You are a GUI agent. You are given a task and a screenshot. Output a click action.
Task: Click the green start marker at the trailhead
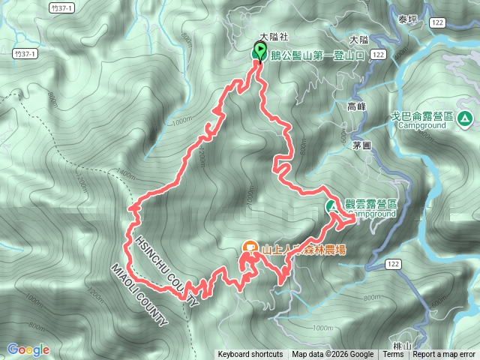(x=259, y=52)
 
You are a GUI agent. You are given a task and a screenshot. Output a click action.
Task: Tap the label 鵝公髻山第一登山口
(x=318, y=55)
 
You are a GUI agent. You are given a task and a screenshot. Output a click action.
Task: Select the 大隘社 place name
(x=273, y=36)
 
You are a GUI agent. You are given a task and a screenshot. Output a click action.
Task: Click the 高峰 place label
(x=357, y=106)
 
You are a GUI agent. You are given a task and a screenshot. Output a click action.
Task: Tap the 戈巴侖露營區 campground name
(x=424, y=118)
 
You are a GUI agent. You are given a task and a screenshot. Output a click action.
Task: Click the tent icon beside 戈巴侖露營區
(x=465, y=118)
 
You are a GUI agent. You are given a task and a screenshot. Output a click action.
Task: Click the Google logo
(x=28, y=349)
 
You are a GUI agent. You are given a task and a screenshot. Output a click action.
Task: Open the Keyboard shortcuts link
(x=250, y=355)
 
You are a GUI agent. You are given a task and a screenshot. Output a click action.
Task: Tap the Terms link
(x=393, y=355)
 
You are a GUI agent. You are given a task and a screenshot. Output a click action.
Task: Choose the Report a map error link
(x=444, y=355)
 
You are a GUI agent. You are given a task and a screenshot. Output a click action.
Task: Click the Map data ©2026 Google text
(x=333, y=355)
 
